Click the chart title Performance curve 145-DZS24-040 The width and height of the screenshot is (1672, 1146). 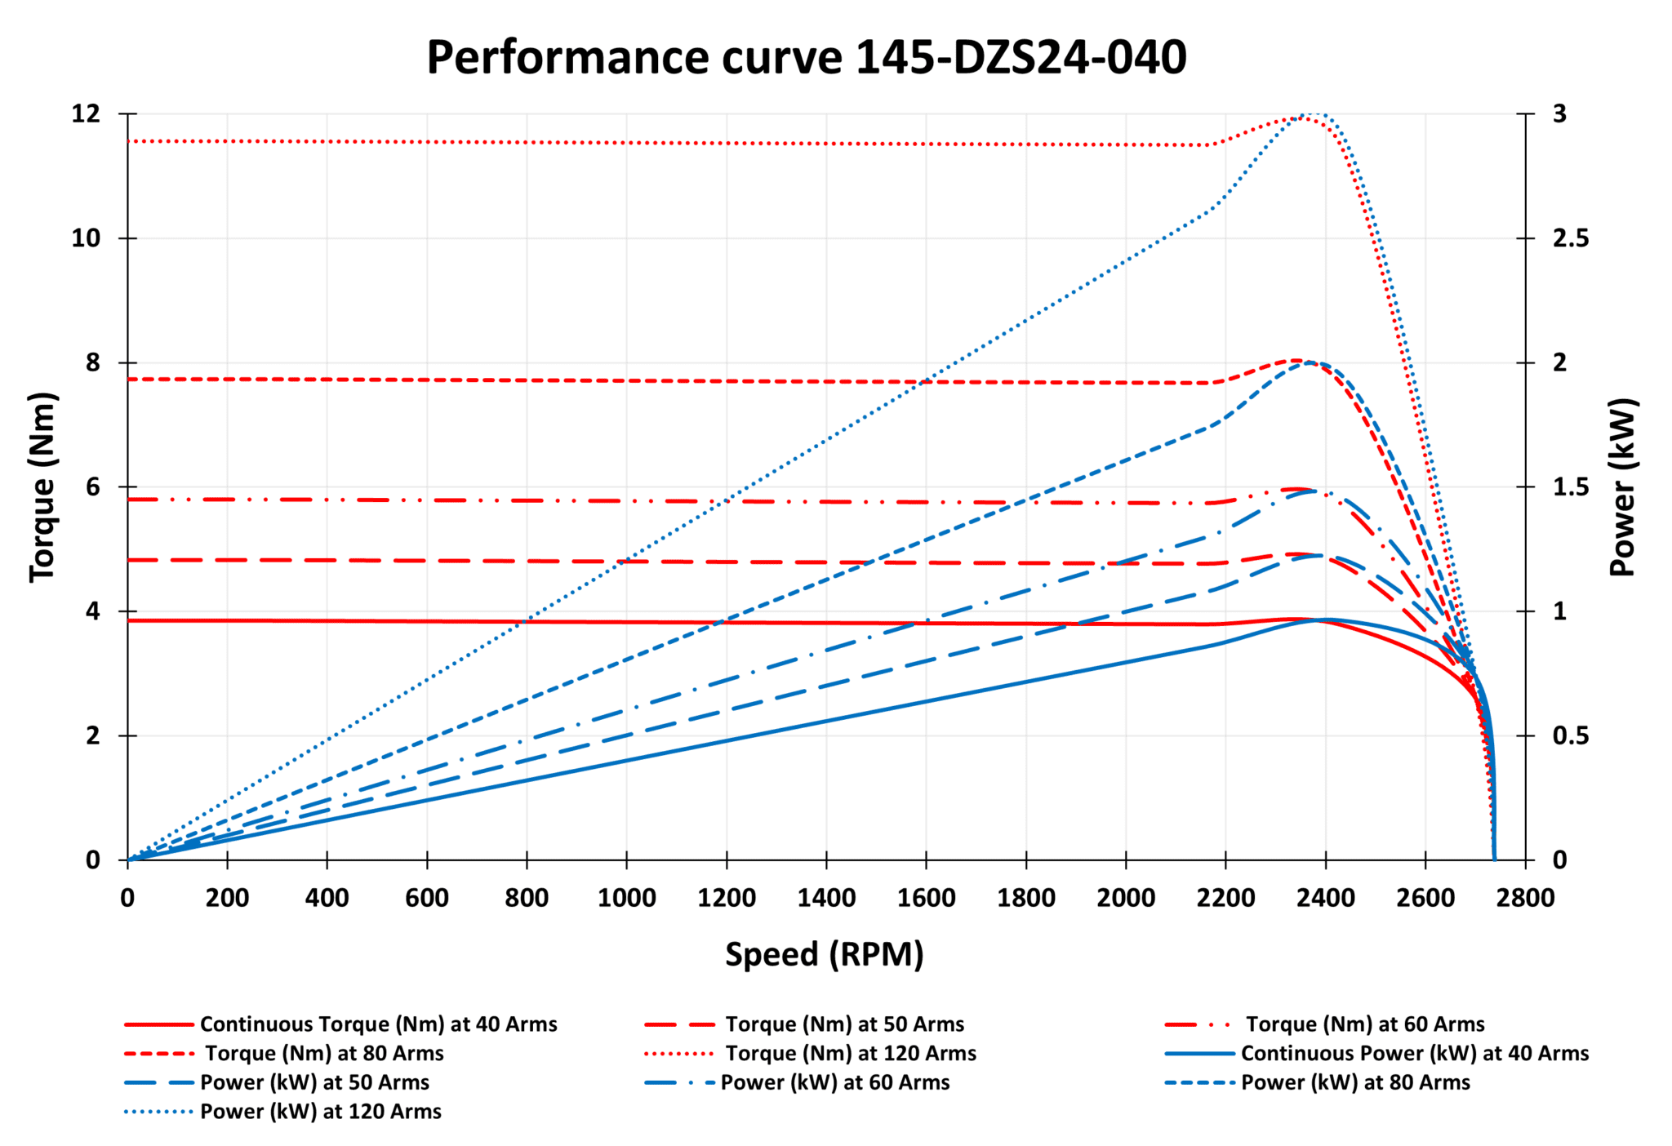pyautogui.click(x=806, y=57)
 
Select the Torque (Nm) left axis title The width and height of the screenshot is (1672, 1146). pyautogui.click(x=42, y=487)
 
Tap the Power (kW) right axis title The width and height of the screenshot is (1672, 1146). pyautogui.click(x=1623, y=487)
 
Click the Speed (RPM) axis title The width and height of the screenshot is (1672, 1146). pyautogui.click(x=824, y=954)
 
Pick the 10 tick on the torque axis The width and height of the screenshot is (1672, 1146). pyautogui.click(x=86, y=238)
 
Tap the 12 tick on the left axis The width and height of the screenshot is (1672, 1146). pyautogui.click(x=86, y=113)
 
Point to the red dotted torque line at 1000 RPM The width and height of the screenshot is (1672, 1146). pyautogui.click(x=626, y=144)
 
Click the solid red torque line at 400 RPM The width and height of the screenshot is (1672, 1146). pyautogui.click(x=327, y=621)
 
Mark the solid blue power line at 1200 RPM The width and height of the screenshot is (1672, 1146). pyautogui.click(x=727, y=741)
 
